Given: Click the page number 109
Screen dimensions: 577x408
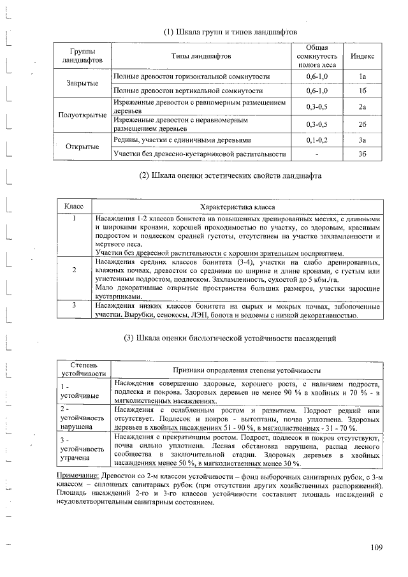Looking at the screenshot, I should pos(376,547).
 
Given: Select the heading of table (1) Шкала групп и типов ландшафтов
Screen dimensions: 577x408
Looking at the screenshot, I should pos(230,31).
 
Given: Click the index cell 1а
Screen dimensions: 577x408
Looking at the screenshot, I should pos(362,77).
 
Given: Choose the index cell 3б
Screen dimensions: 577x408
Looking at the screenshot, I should pos(362,154).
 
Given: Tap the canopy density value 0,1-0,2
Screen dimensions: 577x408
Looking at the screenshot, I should pos(316,140).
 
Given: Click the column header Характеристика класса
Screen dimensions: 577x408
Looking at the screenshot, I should pos(237,207).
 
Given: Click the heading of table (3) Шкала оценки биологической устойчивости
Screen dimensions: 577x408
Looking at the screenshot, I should pos(229,337).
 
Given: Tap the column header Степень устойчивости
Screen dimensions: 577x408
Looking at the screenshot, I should pos(80,369).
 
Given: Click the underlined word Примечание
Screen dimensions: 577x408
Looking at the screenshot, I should pos(74,476).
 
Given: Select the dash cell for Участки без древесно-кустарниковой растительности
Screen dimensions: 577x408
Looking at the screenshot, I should pos(316,154).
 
